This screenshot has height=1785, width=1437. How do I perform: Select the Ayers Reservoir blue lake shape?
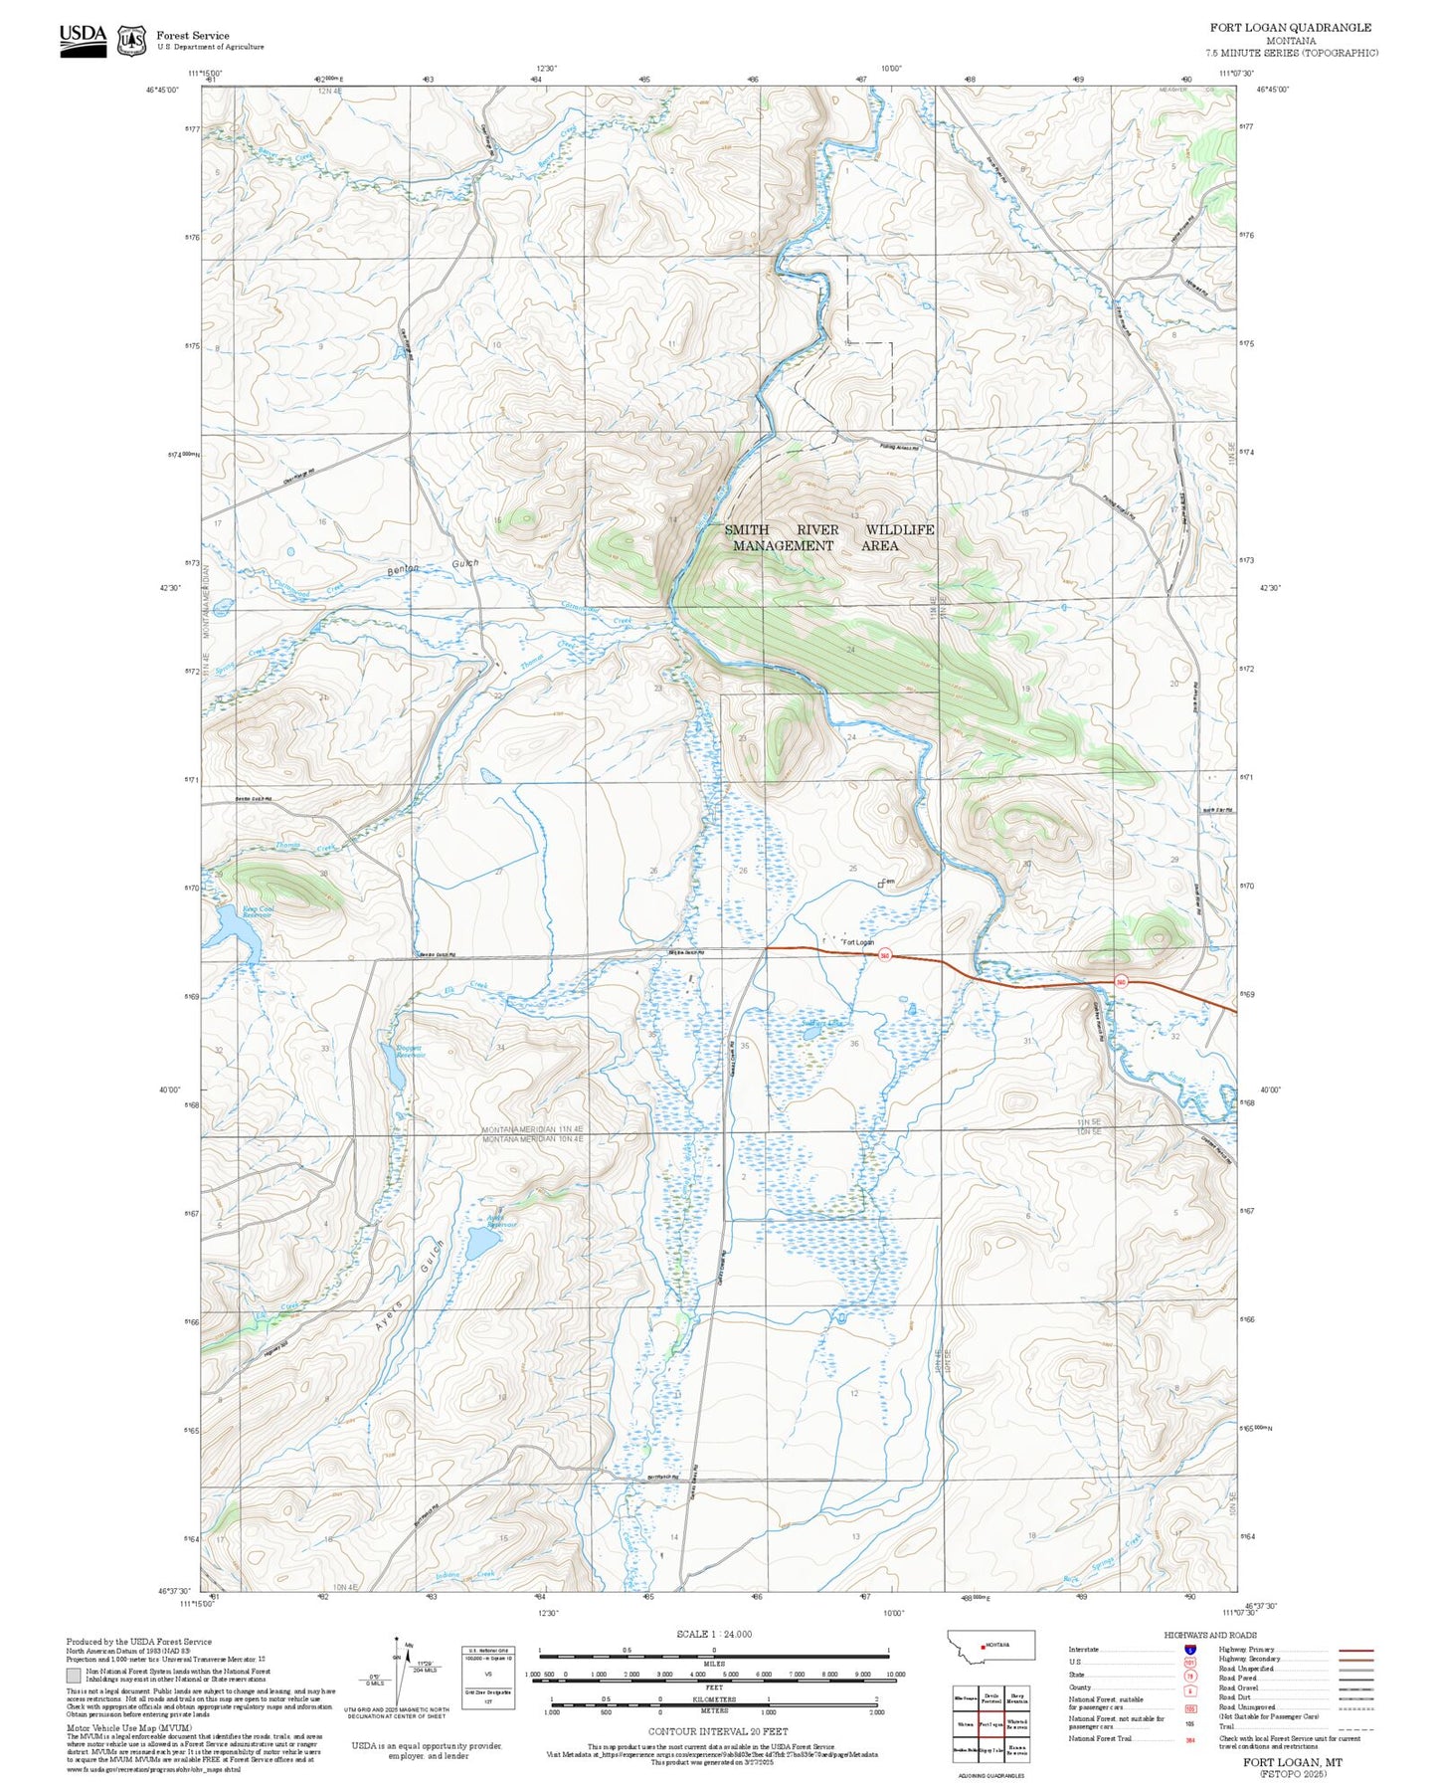pos(482,1243)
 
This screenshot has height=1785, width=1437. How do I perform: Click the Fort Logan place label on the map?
pos(858,941)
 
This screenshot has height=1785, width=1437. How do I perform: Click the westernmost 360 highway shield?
pos(884,956)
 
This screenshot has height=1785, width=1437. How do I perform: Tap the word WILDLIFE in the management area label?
pos(899,529)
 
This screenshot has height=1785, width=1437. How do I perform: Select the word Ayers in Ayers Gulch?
pos(391,1314)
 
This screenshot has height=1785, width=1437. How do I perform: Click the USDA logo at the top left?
pos(83,40)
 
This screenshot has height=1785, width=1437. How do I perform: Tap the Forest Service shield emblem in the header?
pos(131,41)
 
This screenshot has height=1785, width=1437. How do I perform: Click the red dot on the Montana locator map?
pos(984,1646)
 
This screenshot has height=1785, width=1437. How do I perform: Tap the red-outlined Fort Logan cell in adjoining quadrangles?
pos(990,1724)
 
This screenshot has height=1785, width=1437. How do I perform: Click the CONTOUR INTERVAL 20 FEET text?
pos(717,1731)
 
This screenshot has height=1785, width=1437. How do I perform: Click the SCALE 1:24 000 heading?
pos(714,1634)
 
